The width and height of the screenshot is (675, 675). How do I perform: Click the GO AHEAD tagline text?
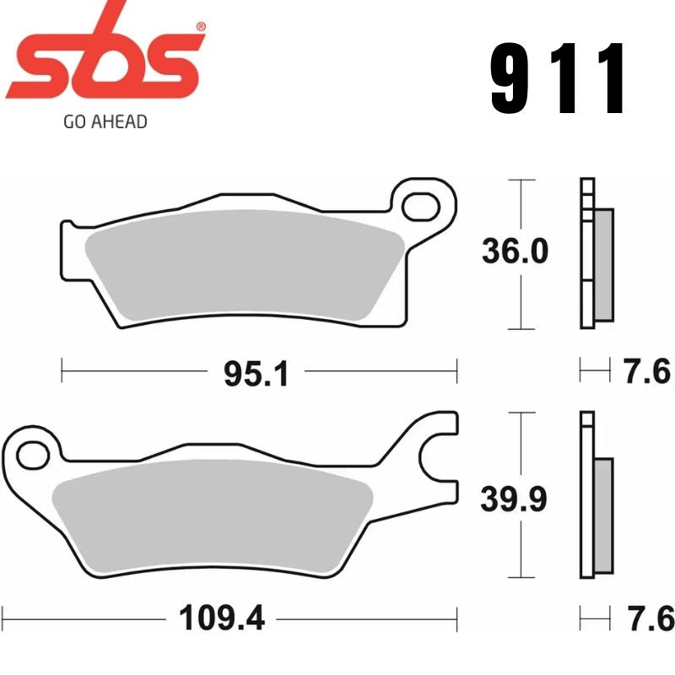click(x=105, y=121)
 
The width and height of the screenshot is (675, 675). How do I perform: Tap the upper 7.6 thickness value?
click(x=647, y=371)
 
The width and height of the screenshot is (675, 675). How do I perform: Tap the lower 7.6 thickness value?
click(x=647, y=618)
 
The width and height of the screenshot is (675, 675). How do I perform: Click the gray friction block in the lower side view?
click(x=604, y=516)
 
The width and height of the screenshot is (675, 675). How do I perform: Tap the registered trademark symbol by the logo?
click(x=200, y=27)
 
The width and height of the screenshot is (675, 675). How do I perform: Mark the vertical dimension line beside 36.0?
click(x=524, y=253)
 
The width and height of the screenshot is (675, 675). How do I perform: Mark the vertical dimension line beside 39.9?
click(x=524, y=498)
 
